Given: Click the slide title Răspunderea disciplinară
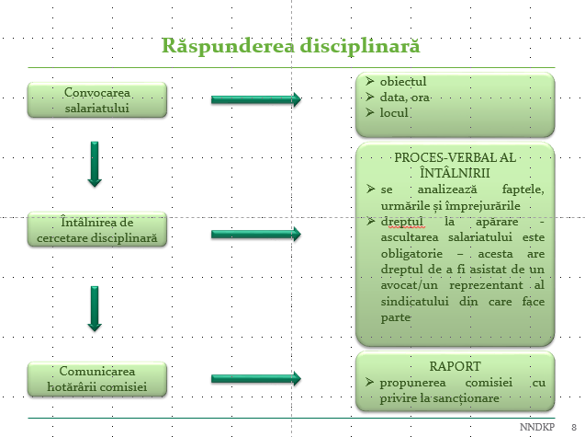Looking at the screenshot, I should (x=291, y=45).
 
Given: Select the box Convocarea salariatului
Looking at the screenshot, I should (x=97, y=100).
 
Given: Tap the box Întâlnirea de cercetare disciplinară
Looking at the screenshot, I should (x=97, y=230).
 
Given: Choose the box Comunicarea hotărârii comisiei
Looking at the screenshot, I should (x=97, y=378).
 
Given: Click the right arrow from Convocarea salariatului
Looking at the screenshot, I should (x=256, y=99).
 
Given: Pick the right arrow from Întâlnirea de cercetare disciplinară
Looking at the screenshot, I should (x=256, y=235).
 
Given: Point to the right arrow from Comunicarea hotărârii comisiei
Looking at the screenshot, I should (x=256, y=378).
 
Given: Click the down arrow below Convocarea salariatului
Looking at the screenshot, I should (x=94, y=165).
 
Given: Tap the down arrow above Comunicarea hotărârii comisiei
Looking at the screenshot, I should (x=94, y=308).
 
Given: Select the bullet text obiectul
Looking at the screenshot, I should (x=403, y=81).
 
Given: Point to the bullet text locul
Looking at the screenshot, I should (x=394, y=113).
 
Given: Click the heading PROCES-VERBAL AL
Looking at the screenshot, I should (x=455, y=157).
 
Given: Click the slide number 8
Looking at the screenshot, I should (x=572, y=428).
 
